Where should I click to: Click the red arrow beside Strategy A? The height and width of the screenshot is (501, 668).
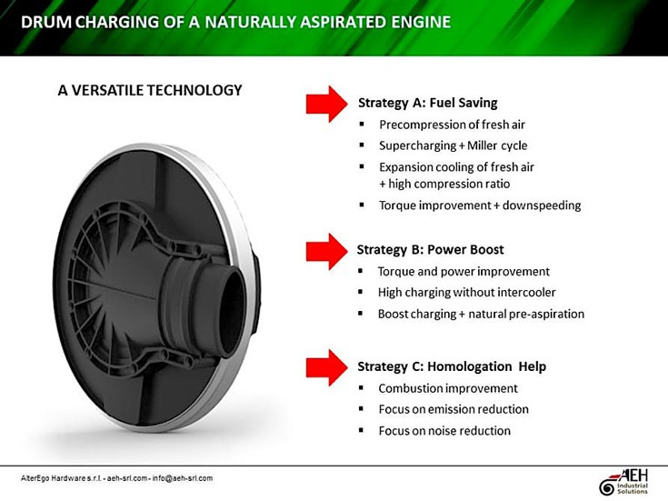point(327,104)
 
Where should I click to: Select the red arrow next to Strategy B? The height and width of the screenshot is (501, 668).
point(327,251)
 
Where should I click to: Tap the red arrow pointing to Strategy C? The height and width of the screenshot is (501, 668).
point(327,367)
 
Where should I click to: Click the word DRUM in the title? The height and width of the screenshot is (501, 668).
point(46,22)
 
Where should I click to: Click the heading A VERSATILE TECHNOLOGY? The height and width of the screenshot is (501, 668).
point(150,90)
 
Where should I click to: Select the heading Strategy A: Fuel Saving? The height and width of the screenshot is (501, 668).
point(428,103)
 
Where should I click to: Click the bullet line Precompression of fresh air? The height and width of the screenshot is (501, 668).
point(452,125)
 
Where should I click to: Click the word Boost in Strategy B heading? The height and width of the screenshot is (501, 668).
point(484,249)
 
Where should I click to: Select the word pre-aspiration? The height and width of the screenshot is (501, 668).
point(547,315)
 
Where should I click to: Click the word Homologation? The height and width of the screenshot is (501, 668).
point(470,366)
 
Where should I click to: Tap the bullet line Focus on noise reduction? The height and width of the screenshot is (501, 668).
point(444,431)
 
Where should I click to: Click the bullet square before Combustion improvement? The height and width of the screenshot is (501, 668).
point(362,387)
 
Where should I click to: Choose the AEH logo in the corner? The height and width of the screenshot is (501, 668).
point(623,482)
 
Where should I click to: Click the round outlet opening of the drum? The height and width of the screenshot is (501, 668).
point(232,314)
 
